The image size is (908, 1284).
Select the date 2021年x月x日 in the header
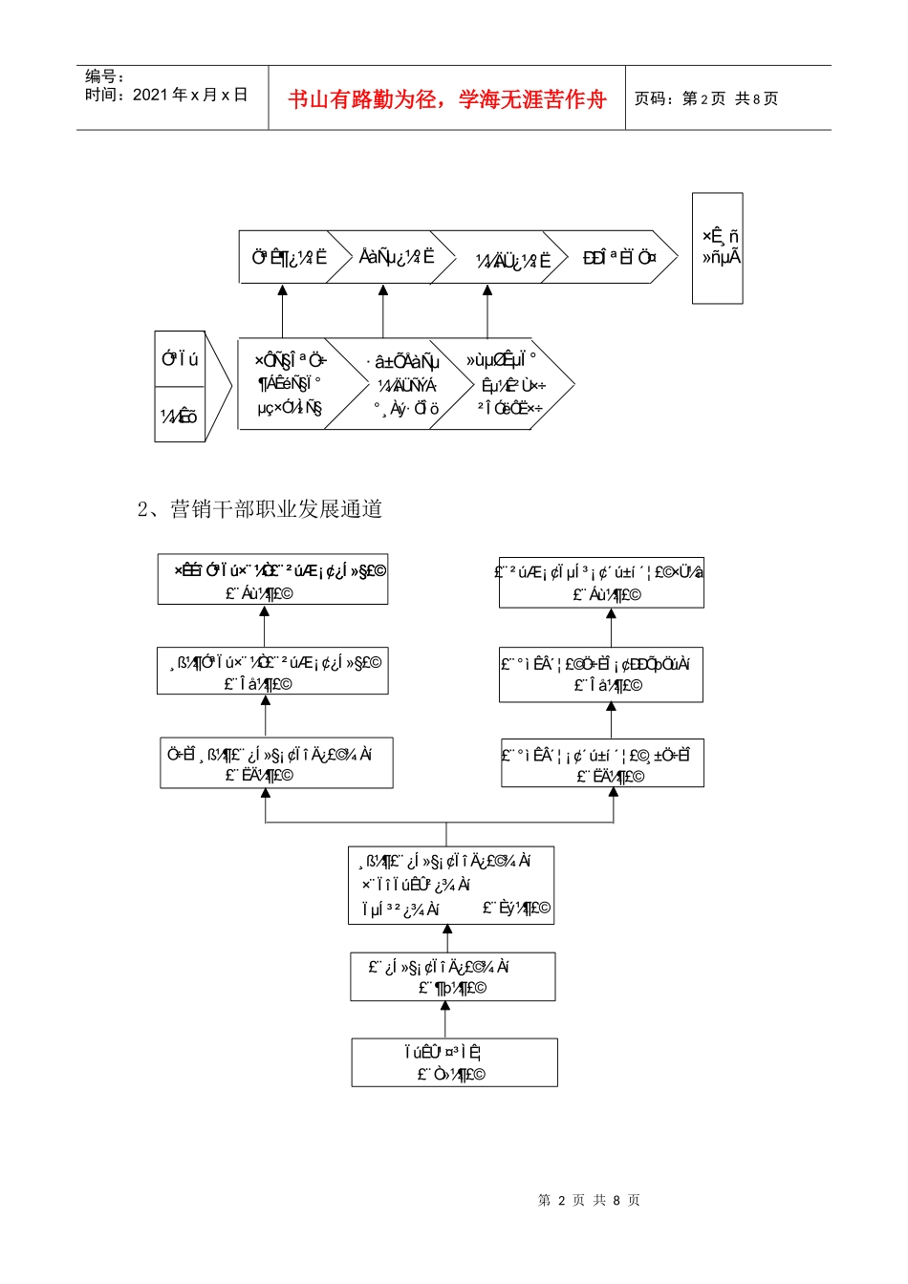pos(189,95)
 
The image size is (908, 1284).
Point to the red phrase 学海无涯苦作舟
pos(532,99)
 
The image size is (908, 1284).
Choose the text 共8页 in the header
pos(756,98)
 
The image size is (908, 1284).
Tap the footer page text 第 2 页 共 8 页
pos(589,1200)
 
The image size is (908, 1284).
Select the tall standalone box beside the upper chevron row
pos(717,248)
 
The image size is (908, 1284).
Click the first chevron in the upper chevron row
pos(287,257)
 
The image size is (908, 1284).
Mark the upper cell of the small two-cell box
pos(180,359)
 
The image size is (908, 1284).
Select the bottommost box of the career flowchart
pos(454,1062)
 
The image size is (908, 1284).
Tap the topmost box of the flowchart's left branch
pos(272,580)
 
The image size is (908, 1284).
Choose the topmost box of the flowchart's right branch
pos(601,583)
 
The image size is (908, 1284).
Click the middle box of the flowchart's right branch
pos(600,674)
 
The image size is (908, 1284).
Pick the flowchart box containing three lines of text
pos(450,885)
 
